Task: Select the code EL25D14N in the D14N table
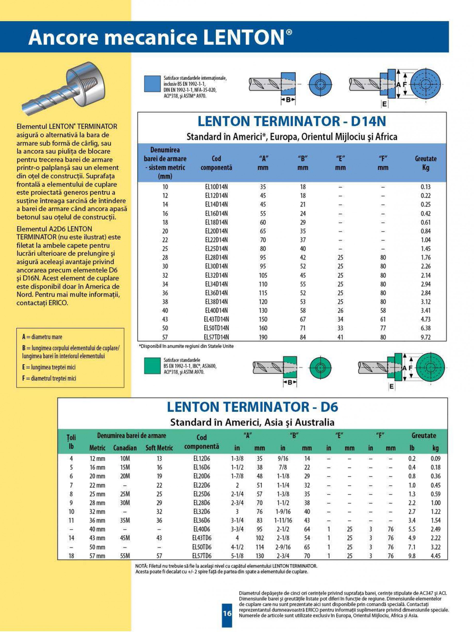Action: [x=216, y=249]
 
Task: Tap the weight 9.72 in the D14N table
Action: [x=425, y=337]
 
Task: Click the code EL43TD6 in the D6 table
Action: [x=202, y=538]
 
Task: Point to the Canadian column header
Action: [x=125, y=448]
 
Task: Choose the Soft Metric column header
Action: [x=159, y=448]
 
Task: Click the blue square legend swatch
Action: [x=152, y=84]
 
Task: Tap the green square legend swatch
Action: [x=152, y=366]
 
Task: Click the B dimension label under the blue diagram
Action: [x=288, y=100]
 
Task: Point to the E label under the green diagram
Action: [x=391, y=386]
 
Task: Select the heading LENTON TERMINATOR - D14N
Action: [x=292, y=121]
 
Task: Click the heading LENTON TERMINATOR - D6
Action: [x=252, y=407]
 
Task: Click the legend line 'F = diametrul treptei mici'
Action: [x=49, y=378]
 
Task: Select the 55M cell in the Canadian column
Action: [x=125, y=556]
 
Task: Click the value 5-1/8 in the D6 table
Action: [x=237, y=556]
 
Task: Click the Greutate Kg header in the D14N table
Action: [x=425, y=163]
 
